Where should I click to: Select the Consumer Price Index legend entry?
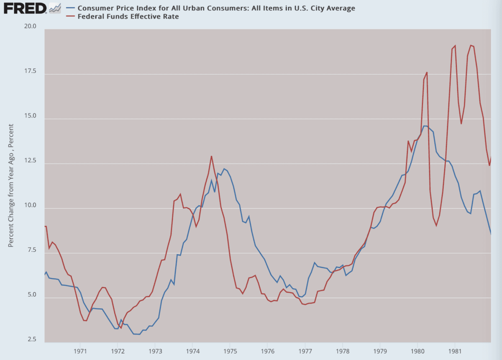click(213, 8)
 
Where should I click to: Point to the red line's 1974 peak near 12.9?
click(211, 156)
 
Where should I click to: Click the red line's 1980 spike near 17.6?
click(427, 72)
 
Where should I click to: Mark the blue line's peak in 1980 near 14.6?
click(425, 126)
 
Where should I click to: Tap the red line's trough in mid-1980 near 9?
click(436, 226)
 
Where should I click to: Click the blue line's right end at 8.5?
click(491, 234)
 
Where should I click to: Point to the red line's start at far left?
click(45, 226)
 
